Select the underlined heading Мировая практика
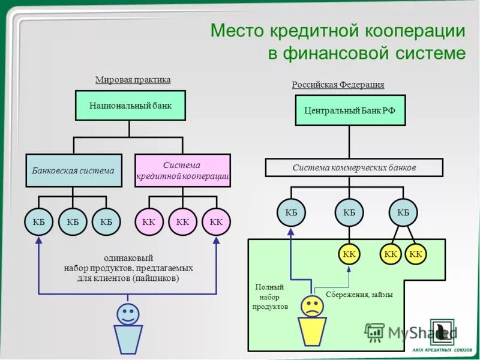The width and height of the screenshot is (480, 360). tap(133, 80)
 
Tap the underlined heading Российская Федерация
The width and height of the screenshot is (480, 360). tap(338, 85)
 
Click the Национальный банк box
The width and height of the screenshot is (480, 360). tap(130, 106)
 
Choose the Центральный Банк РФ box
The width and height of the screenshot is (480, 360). tap(349, 110)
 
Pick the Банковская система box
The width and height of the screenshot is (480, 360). tap(73, 170)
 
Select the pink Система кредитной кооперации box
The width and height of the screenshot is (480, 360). tap(182, 170)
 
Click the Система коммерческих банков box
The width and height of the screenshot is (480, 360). tap(354, 167)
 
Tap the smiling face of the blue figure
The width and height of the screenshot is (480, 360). tap(128, 313)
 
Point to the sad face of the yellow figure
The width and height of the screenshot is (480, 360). tap(312, 306)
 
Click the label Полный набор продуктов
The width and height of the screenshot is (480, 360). tap(269, 297)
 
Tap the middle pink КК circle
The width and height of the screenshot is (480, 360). tap(183, 222)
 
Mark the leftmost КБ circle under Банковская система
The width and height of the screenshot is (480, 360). tap(40, 222)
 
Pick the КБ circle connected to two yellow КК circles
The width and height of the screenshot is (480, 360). tap(403, 212)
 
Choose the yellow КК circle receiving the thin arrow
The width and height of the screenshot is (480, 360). tap(349, 254)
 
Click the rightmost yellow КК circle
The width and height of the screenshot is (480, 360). tap(416, 254)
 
